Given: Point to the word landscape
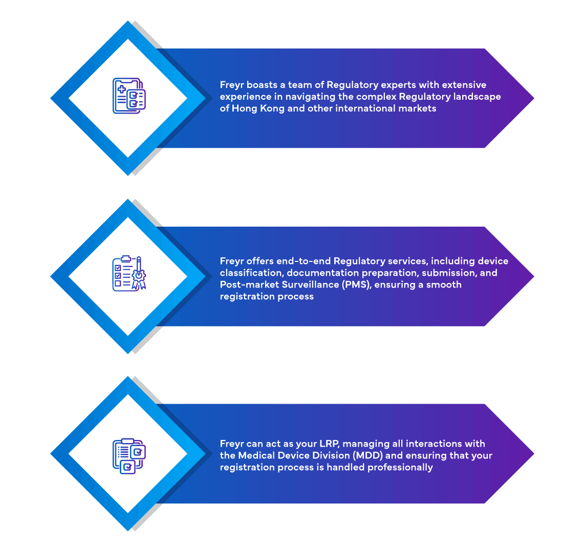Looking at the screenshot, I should (480, 97).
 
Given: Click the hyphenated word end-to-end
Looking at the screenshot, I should (304, 261).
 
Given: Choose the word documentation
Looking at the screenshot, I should (323, 273).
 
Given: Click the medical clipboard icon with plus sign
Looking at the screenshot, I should (128, 96).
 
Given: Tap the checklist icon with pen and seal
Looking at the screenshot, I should (128, 274).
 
